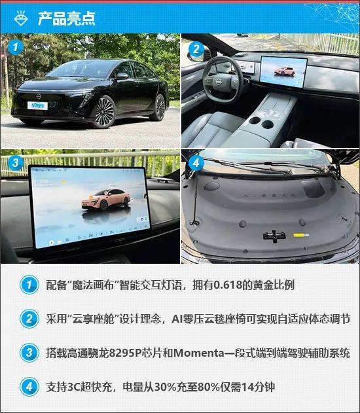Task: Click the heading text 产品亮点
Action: pyautogui.click(x=66, y=18)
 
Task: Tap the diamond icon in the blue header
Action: pyautogui.click(x=21, y=18)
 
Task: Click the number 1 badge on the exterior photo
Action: pyautogui.click(x=15, y=47)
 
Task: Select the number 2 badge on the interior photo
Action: pyautogui.click(x=196, y=49)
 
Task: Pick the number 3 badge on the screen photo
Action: pyautogui.click(x=15, y=162)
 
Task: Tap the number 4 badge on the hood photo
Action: pyautogui.click(x=196, y=163)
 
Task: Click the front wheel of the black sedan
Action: pyautogui.click(x=103, y=111)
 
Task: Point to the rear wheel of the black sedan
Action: pyautogui.click(x=159, y=107)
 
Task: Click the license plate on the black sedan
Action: pyautogui.click(x=38, y=105)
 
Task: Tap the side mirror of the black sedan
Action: pyautogui.click(x=122, y=76)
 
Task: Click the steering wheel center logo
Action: pyautogui.click(x=218, y=82)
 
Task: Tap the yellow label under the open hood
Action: pyautogui.click(x=300, y=235)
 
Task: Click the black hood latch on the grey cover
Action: pyautogui.click(x=274, y=236)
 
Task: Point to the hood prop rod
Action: pyautogui.click(x=195, y=200)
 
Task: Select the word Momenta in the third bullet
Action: pyautogui.click(x=198, y=353)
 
